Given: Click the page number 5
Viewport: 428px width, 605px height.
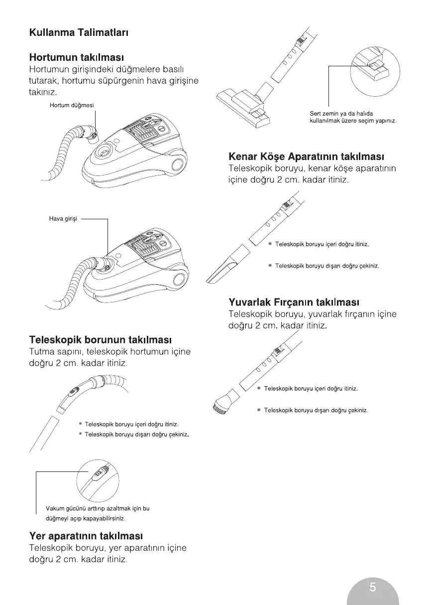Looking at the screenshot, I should [373, 587].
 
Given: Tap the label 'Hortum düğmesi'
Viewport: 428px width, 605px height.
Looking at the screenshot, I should [72, 105].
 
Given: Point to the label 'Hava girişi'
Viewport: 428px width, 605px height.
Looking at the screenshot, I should [63, 218].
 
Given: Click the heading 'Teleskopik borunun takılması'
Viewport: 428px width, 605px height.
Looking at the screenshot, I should [101, 340].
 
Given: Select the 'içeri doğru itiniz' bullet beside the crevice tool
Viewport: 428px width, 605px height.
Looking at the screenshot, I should [321, 244].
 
